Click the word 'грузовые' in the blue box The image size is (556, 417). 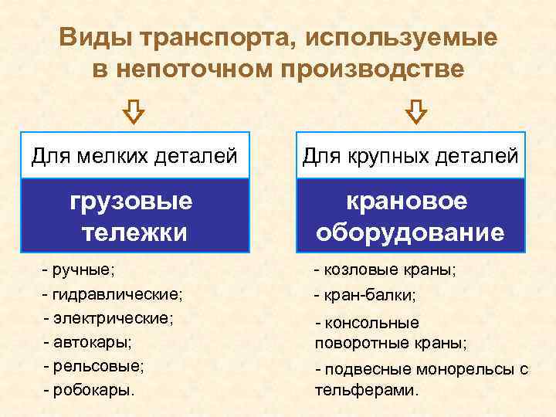tap(131, 202)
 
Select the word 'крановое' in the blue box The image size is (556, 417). tap(409, 202)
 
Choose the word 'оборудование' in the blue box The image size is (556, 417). tap(410, 232)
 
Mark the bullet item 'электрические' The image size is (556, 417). tap(113, 317)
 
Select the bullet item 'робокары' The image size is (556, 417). tap(93, 389)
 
